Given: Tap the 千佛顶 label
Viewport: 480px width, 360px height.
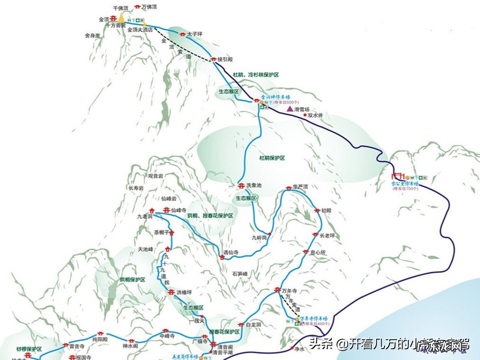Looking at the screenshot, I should click(x=121, y=9).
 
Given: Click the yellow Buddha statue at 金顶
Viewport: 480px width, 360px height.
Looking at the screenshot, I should click(x=121, y=18).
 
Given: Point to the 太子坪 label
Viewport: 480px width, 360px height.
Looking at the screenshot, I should click(x=195, y=34).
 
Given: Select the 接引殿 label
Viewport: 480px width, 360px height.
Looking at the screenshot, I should click(x=225, y=59).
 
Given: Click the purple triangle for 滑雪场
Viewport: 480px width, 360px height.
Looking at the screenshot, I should click(x=290, y=109).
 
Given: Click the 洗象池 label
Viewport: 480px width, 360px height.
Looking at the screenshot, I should click(x=254, y=185).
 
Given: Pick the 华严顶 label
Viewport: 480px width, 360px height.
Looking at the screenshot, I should click(x=301, y=187).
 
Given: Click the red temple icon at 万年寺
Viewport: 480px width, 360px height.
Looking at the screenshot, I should click(x=278, y=290).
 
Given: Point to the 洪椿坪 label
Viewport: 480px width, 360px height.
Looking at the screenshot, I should click(x=184, y=292).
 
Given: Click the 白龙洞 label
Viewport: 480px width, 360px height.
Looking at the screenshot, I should click(x=254, y=325).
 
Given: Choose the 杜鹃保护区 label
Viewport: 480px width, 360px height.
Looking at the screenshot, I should click(x=272, y=158).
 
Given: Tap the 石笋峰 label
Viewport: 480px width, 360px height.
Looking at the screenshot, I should click(x=240, y=274).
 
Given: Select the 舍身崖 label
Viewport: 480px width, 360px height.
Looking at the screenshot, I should click(x=92, y=36).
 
